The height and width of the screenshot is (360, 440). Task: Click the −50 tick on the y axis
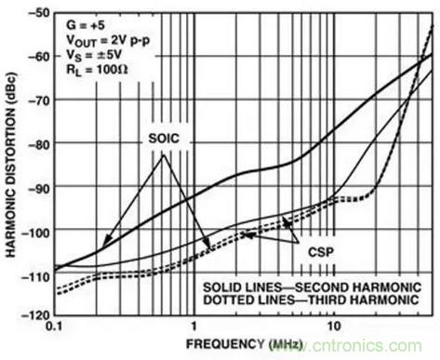39,13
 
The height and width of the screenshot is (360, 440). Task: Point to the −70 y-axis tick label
39,100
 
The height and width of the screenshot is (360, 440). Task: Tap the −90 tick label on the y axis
39,187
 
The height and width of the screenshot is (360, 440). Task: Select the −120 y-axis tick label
35,314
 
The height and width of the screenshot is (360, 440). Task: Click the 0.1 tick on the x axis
55,327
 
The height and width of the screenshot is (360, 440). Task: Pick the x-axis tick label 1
194,327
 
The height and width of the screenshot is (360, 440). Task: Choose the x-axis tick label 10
334,327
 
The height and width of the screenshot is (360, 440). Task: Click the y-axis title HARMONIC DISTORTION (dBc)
11,166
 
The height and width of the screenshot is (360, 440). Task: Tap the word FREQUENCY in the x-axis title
225,344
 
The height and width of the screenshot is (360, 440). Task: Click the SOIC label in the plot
164,138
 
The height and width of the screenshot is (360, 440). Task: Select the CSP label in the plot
321,252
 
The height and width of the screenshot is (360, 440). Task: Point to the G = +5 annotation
86,25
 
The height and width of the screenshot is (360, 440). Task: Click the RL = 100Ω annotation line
97,69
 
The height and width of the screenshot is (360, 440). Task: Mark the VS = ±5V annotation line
94,55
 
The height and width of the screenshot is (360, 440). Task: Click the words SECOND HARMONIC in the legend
358,287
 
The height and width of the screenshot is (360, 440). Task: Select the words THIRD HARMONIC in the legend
363,300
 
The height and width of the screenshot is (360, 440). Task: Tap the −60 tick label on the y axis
39,57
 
